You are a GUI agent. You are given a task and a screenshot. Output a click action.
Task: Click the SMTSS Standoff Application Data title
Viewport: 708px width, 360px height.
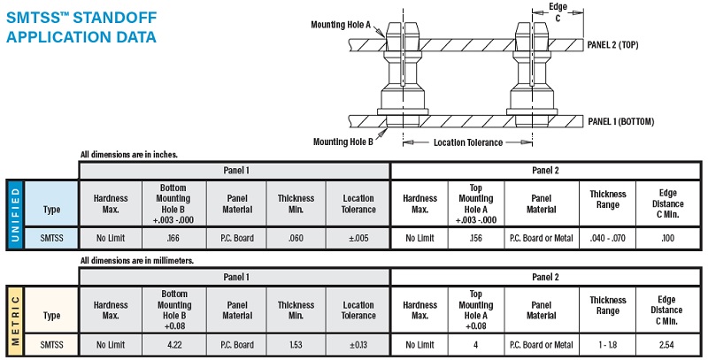[x=81, y=27]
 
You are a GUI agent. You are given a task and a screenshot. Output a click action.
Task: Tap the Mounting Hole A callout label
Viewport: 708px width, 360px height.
[x=341, y=25]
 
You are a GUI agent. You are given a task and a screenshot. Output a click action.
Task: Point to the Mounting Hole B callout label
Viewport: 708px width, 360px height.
[x=343, y=142]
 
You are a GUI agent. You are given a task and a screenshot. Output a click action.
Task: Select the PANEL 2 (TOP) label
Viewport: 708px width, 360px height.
[x=612, y=44]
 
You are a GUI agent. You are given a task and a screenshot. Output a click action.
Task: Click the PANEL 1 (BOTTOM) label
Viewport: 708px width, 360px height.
[x=621, y=121]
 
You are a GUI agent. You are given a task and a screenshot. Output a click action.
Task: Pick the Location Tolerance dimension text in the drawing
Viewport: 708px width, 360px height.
[x=468, y=142]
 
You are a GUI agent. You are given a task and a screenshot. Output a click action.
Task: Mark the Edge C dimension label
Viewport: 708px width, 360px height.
[x=558, y=12]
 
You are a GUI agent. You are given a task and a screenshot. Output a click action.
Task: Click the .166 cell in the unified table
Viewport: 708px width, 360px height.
[x=173, y=238]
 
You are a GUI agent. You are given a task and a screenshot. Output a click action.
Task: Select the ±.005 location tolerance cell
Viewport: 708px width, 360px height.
[x=358, y=238]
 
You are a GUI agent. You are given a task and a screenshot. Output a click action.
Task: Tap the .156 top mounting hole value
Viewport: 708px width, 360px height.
[x=476, y=238]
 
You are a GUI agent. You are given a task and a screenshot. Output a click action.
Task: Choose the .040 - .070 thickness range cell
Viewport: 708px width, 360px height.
[x=607, y=238]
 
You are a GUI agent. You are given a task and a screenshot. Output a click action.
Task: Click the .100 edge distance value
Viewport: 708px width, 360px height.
[x=668, y=238]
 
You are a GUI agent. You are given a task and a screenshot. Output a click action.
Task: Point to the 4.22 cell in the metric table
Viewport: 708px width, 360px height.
[x=174, y=345]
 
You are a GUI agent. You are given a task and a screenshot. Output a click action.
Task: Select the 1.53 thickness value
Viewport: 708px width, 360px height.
[x=296, y=345]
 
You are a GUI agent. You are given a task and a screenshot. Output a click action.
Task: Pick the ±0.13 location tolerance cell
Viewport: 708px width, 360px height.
[x=358, y=345]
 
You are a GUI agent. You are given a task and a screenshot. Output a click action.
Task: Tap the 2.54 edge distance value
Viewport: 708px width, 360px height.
[x=666, y=345]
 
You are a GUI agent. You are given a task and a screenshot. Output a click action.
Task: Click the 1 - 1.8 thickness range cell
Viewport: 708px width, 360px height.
[x=607, y=345]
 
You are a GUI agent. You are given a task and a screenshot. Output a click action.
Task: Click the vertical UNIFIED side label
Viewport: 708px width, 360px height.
[x=15, y=215]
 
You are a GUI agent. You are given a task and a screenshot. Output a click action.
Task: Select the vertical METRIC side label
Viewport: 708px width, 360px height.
[x=15, y=321]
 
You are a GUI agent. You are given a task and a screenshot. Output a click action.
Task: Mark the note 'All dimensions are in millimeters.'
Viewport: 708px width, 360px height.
[x=137, y=261]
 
